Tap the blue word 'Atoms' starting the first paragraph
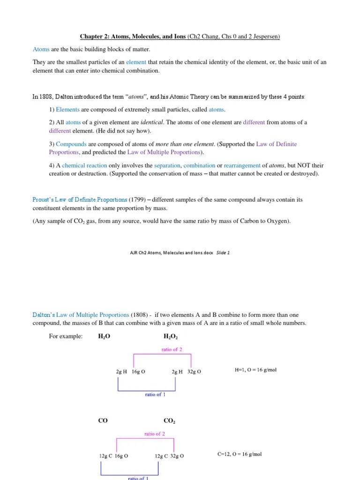(41, 49)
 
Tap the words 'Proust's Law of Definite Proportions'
(80, 199)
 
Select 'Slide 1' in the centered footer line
(223, 252)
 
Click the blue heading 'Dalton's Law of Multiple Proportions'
(81, 315)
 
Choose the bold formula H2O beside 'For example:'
(104, 337)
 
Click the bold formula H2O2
(171, 337)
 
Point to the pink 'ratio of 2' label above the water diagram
(168, 349)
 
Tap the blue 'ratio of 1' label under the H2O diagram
(155, 394)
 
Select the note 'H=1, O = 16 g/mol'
(255, 370)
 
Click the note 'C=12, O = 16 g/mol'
(240, 454)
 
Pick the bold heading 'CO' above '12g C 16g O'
(103, 421)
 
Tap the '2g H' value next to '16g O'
(122, 371)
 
